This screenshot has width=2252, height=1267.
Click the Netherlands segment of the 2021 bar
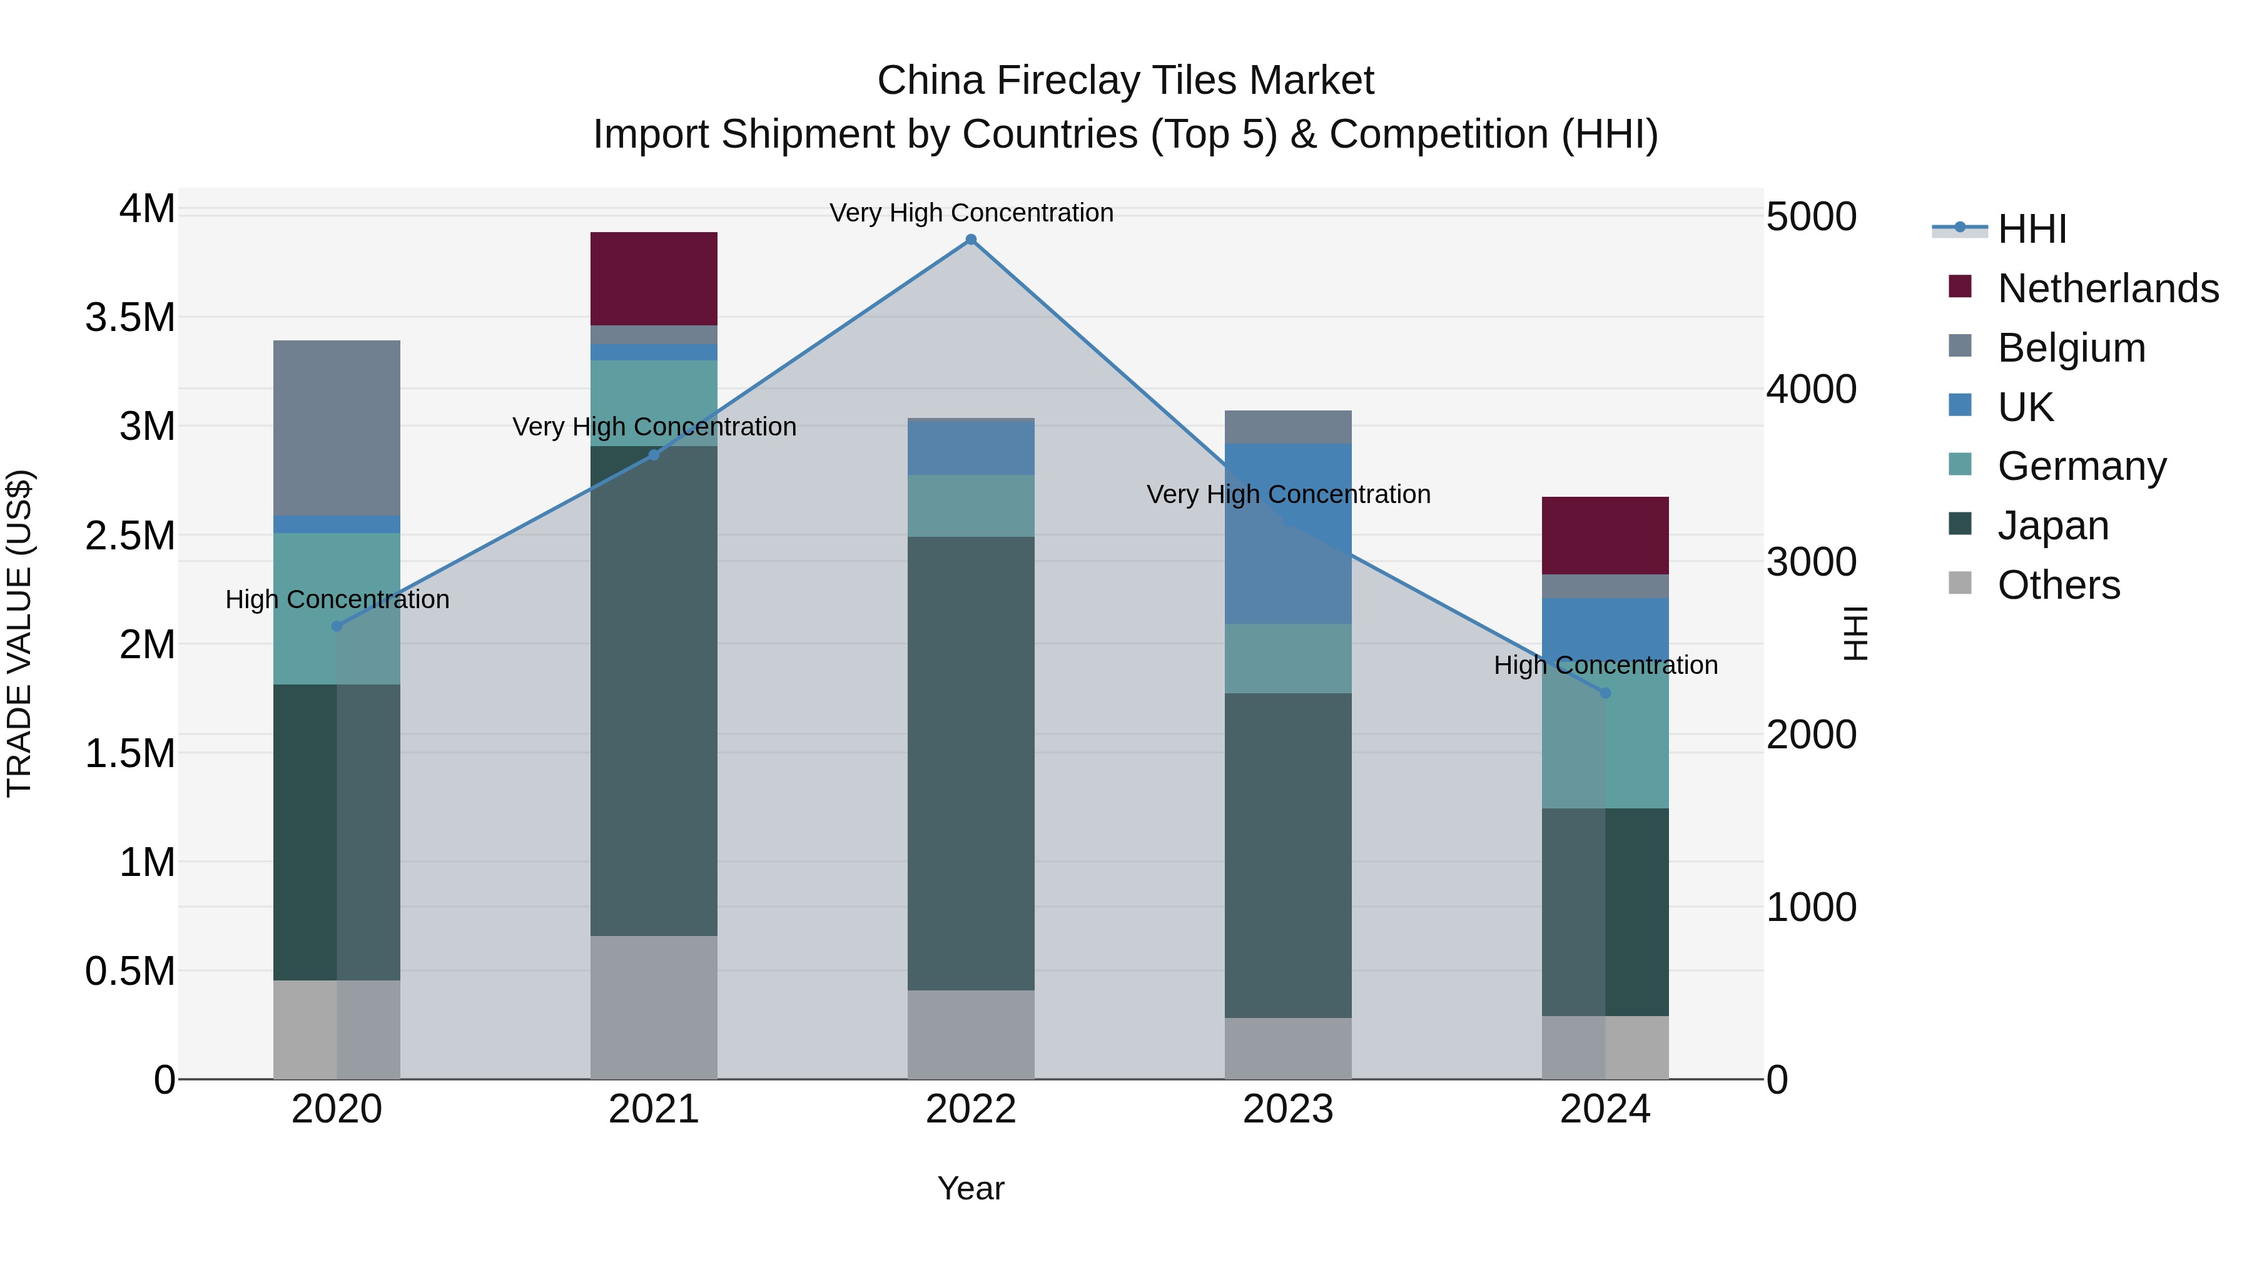(x=653, y=278)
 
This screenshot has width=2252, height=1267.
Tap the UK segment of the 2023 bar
(x=1288, y=533)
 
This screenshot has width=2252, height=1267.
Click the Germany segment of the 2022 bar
(x=970, y=506)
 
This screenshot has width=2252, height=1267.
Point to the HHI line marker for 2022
(x=970, y=240)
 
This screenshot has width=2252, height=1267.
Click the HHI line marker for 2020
(x=337, y=626)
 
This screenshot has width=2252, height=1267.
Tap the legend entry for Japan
(x=2052, y=526)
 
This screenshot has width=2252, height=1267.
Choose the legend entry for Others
(x=2058, y=585)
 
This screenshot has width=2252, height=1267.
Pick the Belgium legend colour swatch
(x=1960, y=346)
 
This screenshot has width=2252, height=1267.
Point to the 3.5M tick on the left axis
(x=130, y=317)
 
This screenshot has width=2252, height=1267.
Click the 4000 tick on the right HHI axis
(x=1810, y=389)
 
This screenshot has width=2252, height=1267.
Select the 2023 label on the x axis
(x=1288, y=1109)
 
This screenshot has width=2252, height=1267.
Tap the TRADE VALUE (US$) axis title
(x=19, y=633)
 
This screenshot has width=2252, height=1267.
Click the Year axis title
(x=970, y=1188)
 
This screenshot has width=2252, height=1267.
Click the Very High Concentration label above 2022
(x=970, y=213)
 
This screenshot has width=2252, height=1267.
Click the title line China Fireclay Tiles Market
(x=1125, y=81)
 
